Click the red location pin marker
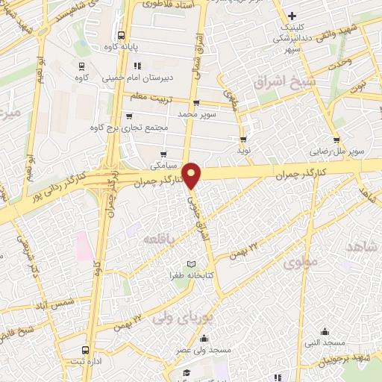(192, 175)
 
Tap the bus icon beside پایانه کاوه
(121, 34)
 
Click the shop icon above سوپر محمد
(195, 103)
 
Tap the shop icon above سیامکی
(163, 154)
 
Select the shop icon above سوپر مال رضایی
(337, 140)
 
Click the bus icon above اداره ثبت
(86, 349)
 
